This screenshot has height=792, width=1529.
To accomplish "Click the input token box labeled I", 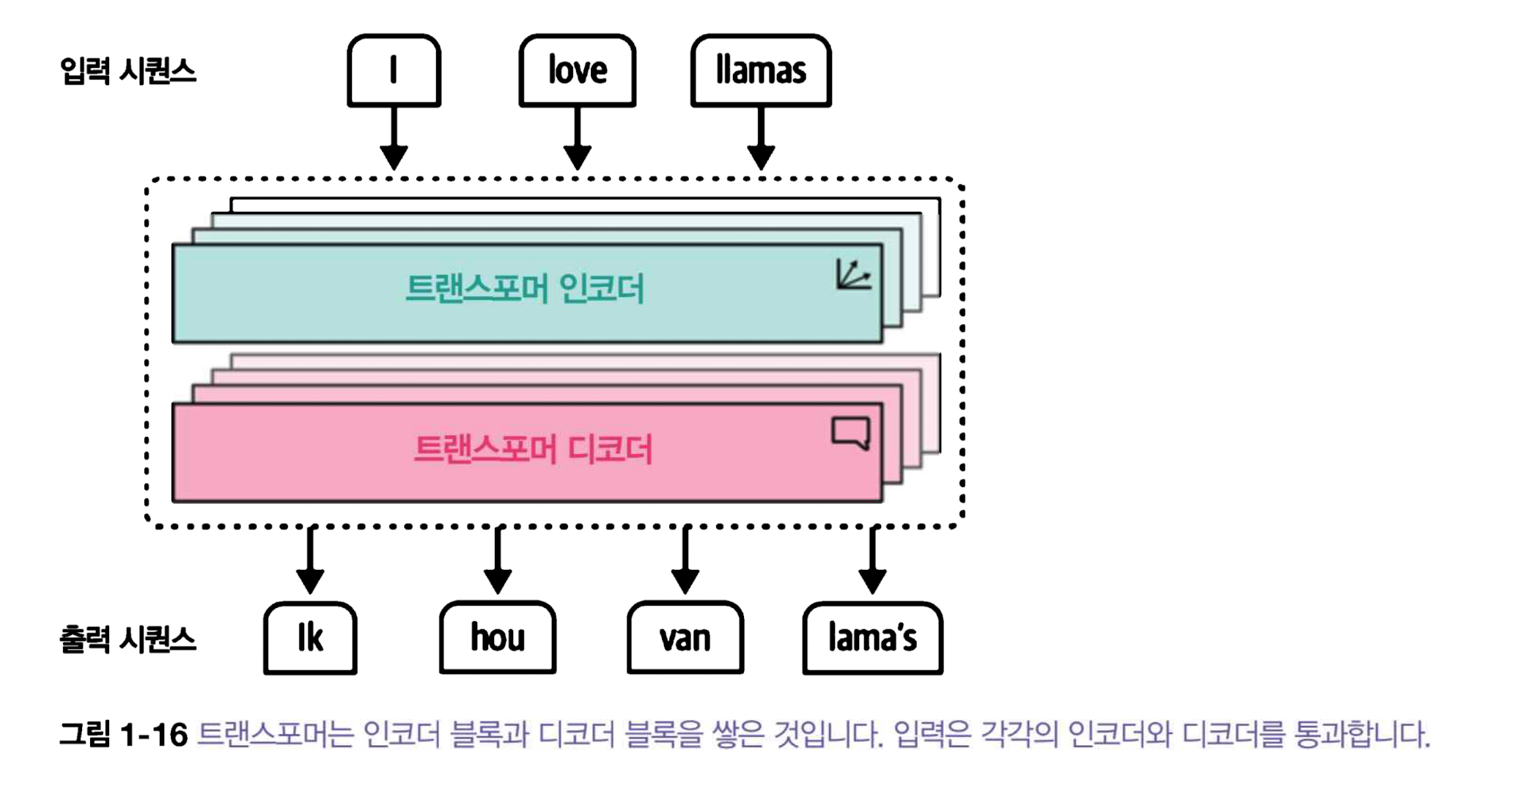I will click(394, 70).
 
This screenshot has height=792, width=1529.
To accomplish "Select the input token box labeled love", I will click(577, 70).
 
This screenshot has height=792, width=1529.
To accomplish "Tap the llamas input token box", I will click(760, 70).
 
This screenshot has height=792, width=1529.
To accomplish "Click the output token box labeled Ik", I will click(310, 637).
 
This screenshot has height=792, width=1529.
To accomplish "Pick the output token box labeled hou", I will click(498, 637).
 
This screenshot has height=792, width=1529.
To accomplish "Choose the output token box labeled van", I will click(685, 637).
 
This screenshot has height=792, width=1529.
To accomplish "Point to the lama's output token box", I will click(872, 637).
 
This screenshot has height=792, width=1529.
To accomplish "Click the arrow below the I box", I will click(394, 139).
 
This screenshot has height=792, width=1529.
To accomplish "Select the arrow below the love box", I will click(578, 139).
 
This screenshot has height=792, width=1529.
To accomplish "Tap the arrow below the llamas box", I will click(761, 139).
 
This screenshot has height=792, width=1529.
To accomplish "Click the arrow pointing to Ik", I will click(310, 561).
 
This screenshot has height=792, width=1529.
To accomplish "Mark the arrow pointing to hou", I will click(498, 561).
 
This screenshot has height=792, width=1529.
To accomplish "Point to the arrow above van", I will click(685, 561).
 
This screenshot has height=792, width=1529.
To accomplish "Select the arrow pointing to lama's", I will click(872, 561).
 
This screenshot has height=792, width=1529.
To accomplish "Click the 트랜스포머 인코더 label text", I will click(524, 288).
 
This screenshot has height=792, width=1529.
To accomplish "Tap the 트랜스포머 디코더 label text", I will click(532, 449).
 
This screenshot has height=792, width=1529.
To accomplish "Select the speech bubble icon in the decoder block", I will click(851, 433).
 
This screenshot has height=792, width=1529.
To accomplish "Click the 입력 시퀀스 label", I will click(128, 72).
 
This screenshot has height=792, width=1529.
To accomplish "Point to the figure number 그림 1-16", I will click(123, 734).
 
